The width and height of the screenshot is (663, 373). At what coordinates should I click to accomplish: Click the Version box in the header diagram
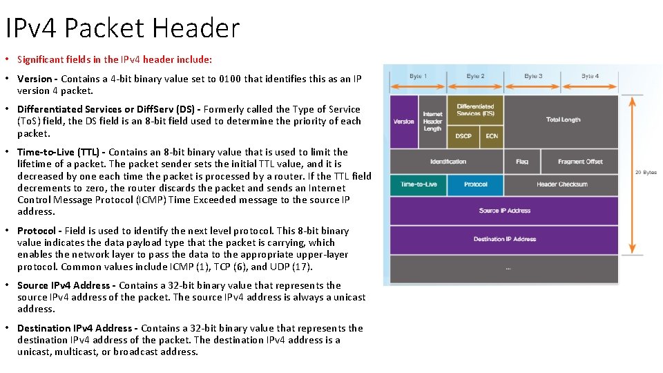point(404,122)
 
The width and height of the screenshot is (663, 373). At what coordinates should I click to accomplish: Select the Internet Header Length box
point(432,122)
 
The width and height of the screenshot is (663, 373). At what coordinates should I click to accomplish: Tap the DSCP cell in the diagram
point(463,136)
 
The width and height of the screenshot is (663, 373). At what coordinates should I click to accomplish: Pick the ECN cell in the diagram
point(492,136)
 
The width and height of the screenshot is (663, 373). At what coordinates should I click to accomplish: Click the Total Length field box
point(563,120)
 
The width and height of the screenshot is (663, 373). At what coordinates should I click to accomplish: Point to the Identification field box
point(448,162)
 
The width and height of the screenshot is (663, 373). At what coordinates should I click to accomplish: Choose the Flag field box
point(522,162)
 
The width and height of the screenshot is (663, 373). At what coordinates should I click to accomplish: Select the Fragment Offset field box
point(580,162)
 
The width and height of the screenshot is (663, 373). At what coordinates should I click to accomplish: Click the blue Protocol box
point(476,184)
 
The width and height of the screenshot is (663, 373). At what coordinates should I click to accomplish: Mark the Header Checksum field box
point(562,184)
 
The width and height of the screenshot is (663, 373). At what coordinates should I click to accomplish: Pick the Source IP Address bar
point(504,211)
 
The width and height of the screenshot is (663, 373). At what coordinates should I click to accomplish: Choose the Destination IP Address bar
point(504,239)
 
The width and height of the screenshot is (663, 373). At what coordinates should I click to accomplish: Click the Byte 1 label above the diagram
point(419,76)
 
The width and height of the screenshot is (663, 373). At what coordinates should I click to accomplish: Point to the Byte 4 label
point(590,76)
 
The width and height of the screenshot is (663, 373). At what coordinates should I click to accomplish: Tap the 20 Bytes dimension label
point(646,172)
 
